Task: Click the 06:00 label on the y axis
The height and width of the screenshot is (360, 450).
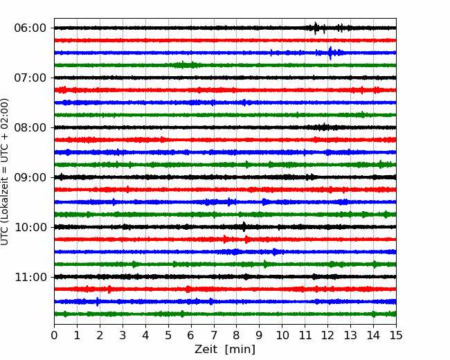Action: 30,28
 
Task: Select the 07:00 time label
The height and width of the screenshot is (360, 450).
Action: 30,78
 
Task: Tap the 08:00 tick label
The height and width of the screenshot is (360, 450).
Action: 30,127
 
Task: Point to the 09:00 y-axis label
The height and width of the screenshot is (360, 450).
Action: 30,177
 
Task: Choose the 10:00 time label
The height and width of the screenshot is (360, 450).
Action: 30,227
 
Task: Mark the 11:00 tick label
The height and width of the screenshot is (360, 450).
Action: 30,277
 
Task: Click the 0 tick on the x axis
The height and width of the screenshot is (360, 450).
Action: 54,335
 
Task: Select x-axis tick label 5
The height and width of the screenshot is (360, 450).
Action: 168,335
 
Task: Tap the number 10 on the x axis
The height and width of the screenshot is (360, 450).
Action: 282,335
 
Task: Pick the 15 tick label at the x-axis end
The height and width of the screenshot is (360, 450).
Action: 396,335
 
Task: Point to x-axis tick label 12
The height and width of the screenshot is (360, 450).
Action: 327,335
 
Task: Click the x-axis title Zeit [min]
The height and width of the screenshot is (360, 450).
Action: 225,350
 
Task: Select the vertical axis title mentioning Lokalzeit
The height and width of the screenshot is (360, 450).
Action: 5,172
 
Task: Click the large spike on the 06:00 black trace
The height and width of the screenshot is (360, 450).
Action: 316,28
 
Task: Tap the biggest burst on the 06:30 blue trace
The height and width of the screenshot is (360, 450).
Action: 330,53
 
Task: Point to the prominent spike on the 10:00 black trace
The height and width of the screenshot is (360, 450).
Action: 244,227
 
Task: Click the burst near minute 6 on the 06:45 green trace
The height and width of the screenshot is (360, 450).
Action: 186,65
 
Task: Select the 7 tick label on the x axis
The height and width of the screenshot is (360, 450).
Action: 214,335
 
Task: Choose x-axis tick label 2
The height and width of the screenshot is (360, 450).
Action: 100,335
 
